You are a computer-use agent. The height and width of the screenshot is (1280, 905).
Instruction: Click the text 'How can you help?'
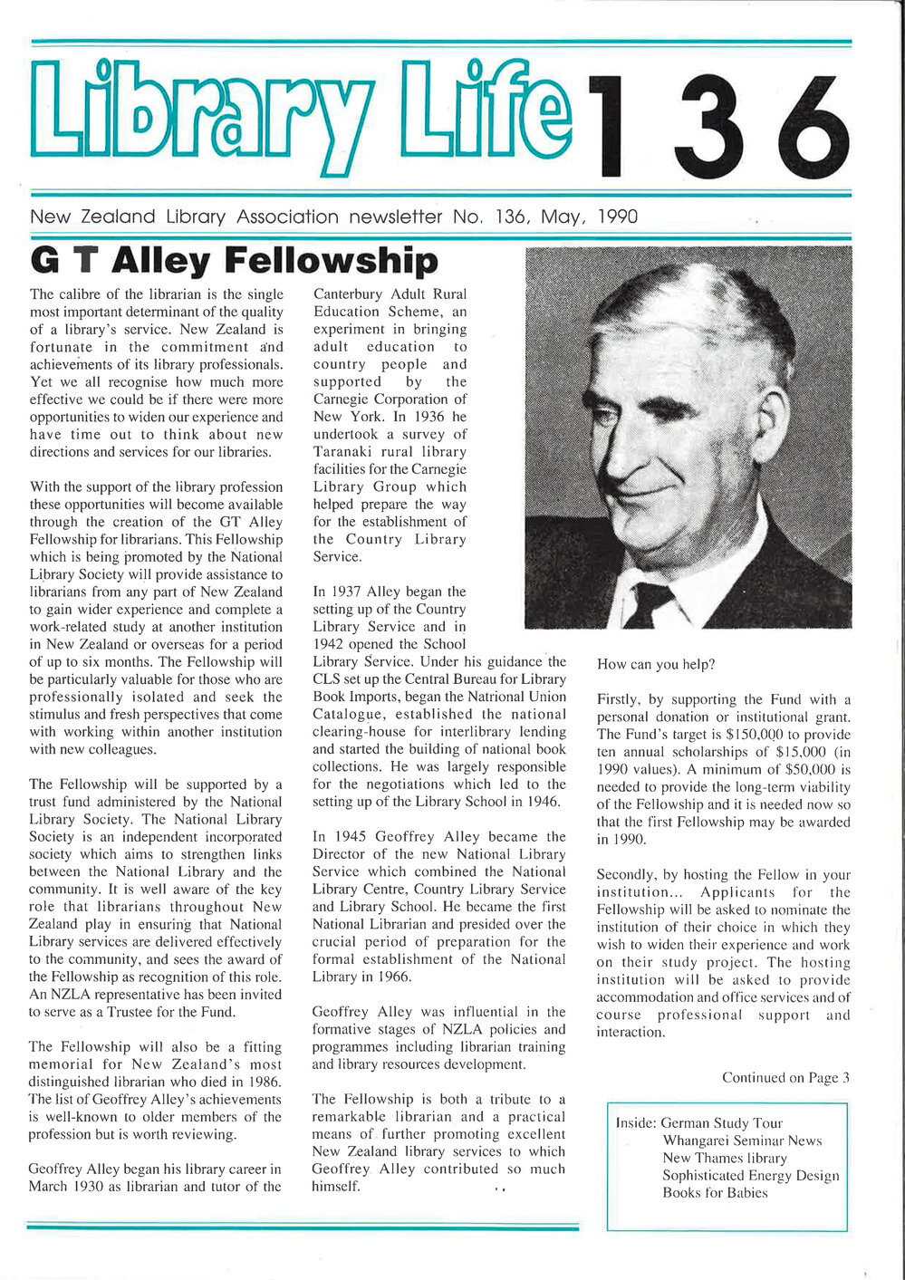pos(656,665)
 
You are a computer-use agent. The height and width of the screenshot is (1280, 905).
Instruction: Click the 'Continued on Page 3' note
pos(785,1078)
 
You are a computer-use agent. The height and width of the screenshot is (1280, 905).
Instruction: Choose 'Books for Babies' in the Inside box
pos(715,1193)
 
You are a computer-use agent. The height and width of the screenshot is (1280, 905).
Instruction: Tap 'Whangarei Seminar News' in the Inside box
pos(742,1140)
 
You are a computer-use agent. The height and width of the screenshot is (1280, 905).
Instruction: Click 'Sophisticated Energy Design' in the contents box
pos(750,1176)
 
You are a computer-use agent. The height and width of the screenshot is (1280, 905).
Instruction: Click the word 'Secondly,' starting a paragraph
pos(626,875)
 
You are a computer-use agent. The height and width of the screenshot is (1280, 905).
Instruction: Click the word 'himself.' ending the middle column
pos(336,1187)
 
